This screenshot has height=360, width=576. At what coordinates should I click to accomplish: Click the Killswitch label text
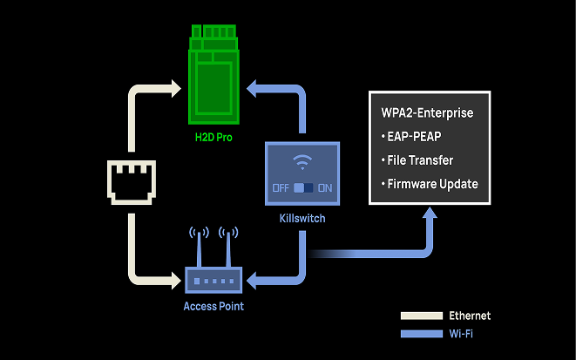click(303, 218)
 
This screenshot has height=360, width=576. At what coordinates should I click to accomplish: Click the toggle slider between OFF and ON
click(303, 187)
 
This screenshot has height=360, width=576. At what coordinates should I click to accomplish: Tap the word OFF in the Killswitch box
click(281, 187)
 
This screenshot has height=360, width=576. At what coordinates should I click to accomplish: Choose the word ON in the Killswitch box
click(326, 187)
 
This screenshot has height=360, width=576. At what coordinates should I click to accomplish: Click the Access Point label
click(213, 306)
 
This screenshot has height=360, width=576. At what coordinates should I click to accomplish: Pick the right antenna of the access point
click(228, 247)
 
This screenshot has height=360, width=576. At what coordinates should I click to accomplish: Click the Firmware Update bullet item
click(430, 184)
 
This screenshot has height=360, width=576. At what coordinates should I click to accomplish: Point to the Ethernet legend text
click(470, 316)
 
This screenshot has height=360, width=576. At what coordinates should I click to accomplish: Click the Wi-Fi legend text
click(461, 333)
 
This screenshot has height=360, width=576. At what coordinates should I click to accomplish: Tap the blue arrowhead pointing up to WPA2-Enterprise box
click(430, 214)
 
